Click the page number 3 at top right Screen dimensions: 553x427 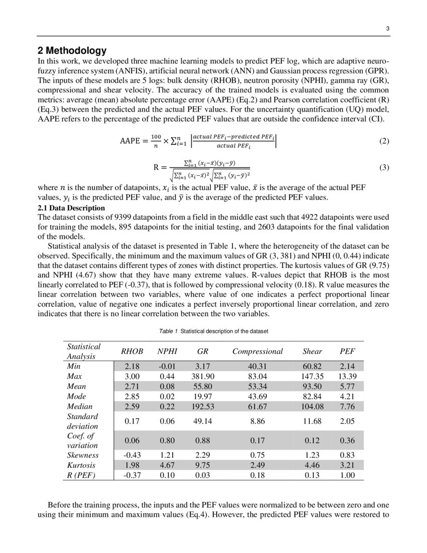(387, 29)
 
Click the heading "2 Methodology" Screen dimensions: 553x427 (72, 50)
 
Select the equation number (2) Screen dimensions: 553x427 (384, 141)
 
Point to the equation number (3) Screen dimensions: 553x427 (384, 167)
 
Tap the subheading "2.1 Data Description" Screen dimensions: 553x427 (71, 208)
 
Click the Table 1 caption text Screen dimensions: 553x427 (213, 332)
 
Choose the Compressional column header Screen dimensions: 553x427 (257, 351)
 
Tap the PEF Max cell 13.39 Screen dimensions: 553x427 (347, 376)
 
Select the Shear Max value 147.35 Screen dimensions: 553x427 (312, 376)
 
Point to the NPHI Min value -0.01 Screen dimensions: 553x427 (167, 366)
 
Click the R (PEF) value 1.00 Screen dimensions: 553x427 (347, 475)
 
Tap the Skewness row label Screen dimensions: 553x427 (82, 455)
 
